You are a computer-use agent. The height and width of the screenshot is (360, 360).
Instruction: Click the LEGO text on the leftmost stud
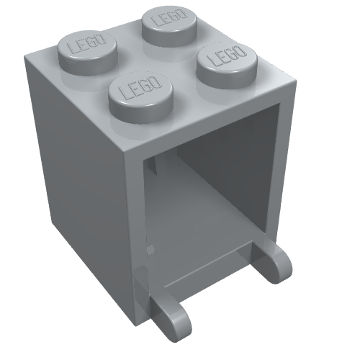(87, 45)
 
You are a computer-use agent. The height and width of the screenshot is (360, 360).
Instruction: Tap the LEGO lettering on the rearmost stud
(171, 17)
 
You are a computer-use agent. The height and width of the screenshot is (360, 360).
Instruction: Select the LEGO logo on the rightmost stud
(227, 55)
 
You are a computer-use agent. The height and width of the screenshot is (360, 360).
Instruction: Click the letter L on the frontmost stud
(125, 92)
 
